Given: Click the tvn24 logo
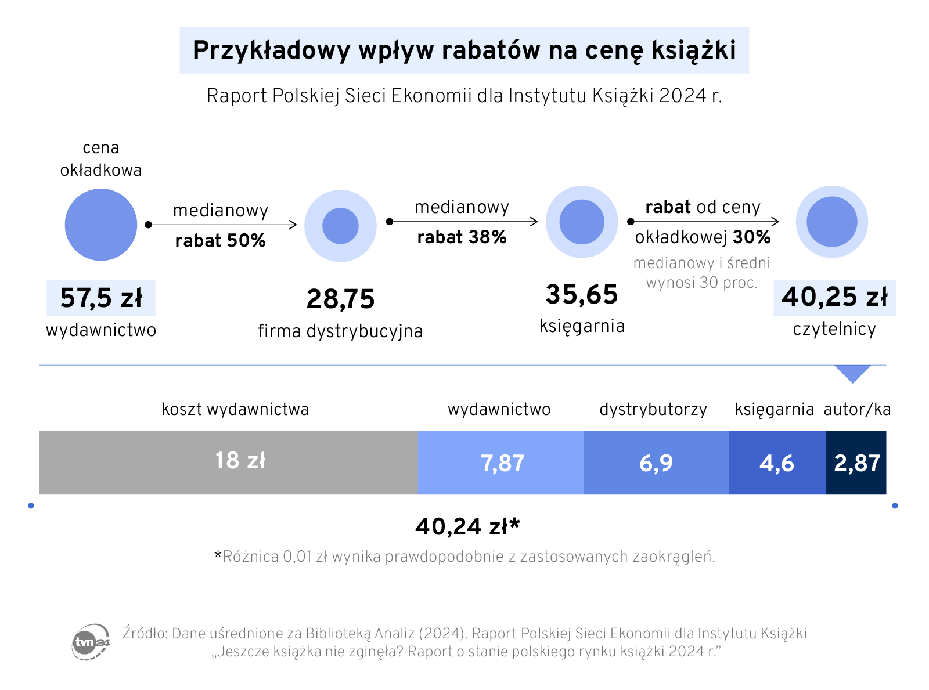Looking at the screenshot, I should (x=91, y=642).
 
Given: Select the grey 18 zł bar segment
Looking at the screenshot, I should (x=228, y=462).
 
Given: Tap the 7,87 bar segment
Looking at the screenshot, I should (x=500, y=463).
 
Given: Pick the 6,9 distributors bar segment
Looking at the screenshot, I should (x=656, y=463).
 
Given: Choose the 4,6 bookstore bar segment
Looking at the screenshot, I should (x=777, y=463).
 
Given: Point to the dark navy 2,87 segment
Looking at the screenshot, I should (x=856, y=463).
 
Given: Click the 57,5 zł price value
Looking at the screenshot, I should (x=101, y=298).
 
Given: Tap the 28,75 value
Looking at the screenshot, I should (x=341, y=299).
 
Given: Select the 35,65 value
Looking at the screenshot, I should (x=582, y=294).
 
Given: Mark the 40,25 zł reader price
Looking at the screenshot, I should (x=834, y=297).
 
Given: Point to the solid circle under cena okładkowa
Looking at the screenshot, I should (x=101, y=225).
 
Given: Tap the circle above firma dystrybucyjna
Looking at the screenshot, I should (x=341, y=226).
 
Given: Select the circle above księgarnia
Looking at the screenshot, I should (x=582, y=222).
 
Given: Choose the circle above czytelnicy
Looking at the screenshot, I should (x=832, y=222).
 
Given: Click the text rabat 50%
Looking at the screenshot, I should (x=221, y=240).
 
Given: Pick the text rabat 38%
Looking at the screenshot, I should (x=462, y=237).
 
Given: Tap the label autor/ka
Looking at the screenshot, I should (x=857, y=410).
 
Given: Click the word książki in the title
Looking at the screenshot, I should (x=693, y=50).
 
